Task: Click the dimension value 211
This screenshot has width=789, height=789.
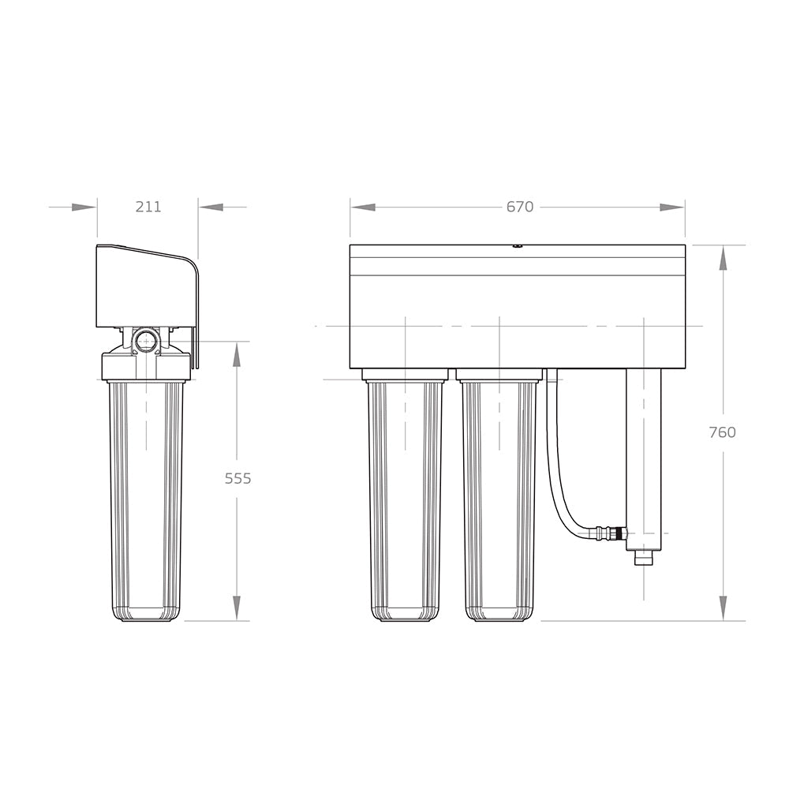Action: [148, 207]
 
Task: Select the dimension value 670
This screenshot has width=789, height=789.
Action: [520, 207]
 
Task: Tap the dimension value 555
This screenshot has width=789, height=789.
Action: [237, 478]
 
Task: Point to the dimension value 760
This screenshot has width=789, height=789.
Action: [722, 432]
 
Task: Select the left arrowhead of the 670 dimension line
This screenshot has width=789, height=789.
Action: [363, 208]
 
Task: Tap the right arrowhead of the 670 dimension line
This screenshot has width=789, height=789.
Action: [671, 208]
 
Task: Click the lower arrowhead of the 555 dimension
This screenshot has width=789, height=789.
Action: [237, 607]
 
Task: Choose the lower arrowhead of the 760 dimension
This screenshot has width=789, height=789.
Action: [723, 607]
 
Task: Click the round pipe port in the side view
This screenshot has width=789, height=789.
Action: [146, 341]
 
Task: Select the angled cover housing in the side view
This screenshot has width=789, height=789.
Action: [146, 286]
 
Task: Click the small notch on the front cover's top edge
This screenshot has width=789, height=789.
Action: [518, 246]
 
